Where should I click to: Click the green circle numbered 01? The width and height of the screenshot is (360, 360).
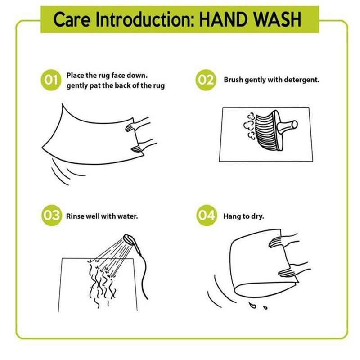[51, 80]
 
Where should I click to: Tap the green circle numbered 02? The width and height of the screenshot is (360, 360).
[206, 80]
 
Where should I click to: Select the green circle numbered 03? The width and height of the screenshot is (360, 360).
[51, 216]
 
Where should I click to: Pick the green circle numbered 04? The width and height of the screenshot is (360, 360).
[207, 216]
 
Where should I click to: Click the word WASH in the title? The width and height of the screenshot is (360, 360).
[278, 20]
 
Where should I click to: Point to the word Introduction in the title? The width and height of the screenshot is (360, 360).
[145, 20]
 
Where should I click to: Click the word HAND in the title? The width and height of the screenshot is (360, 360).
[224, 20]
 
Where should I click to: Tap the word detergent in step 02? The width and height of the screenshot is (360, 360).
[301, 80]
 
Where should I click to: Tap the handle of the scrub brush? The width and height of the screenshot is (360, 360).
[288, 126]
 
